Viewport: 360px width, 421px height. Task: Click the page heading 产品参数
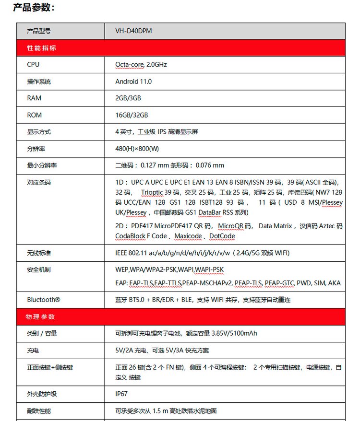34,7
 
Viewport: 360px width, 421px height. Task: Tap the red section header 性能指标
42,48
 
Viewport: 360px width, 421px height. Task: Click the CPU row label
33,65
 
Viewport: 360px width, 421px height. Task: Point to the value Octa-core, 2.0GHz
141,65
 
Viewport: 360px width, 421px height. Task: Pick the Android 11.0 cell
133,82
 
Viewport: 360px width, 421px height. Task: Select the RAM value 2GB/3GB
128,98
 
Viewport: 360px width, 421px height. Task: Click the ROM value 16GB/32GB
132,115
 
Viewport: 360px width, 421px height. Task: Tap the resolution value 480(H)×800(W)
137,149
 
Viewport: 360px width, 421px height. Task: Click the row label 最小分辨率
42,165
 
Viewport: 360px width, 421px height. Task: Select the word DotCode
222,236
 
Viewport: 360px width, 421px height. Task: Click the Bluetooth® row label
44,300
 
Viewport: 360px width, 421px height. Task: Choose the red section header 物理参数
41,317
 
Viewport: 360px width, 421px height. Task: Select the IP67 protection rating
122,394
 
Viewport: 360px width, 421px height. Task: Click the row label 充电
33,351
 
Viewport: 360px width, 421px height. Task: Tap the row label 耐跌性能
39,411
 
